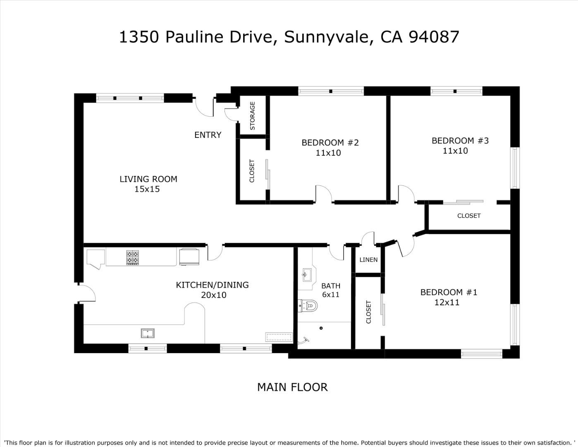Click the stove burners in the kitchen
(x=132, y=257)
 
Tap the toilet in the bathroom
(x=308, y=305)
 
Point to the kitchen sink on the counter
(x=148, y=333)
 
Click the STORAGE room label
(x=253, y=115)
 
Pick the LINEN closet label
(x=368, y=260)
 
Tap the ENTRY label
(x=208, y=135)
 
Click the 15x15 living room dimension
(x=147, y=189)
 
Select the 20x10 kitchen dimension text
(x=214, y=295)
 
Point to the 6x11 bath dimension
(x=331, y=294)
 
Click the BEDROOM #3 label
(x=460, y=141)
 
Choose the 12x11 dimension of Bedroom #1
(x=447, y=303)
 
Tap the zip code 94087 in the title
(x=434, y=37)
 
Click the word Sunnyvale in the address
(x=327, y=37)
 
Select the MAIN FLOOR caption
(x=292, y=387)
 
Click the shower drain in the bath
(x=321, y=328)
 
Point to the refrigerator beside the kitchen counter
(x=189, y=257)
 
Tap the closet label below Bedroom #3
(x=469, y=216)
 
